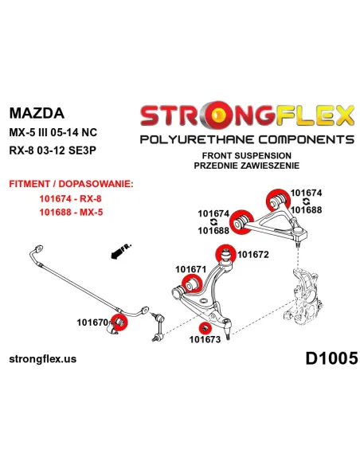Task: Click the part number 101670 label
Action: (x=93, y=322)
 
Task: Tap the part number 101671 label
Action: (x=190, y=269)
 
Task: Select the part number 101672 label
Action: (x=253, y=255)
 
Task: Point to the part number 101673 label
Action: (x=205, y=339)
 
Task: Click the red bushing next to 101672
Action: (x=225, y=255)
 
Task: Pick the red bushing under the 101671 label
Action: (x=191, y=283)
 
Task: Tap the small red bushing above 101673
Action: (x=205, y=328)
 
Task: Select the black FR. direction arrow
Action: (x=121, y=252)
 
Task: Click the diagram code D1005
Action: (x=331, y=358)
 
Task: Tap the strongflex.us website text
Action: (x=43, y=359)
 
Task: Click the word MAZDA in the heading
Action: (x=37, y=113)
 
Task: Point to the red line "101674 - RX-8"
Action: (x=71, y=198)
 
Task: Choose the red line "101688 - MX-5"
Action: (x=71, y=212)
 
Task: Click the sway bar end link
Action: (x=158, y=326)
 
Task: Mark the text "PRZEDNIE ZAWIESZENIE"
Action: (x=247, y=166)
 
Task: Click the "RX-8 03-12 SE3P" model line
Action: (x=53, y=150)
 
